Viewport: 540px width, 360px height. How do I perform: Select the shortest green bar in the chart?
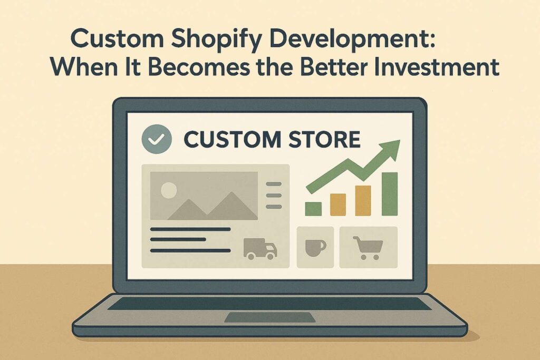(313, 208)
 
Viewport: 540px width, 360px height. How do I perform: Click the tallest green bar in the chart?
(390, 193)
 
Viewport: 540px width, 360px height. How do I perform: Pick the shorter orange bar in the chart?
(338, 205)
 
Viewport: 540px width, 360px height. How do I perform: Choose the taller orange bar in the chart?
(363, 200)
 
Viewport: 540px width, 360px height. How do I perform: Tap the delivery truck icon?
(260, 248)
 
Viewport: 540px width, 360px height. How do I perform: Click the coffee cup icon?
(315, 247)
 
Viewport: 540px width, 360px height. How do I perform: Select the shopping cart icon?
(368, 247)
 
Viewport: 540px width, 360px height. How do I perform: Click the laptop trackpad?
(269, 317)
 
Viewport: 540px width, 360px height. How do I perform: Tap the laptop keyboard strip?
(269, 304)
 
